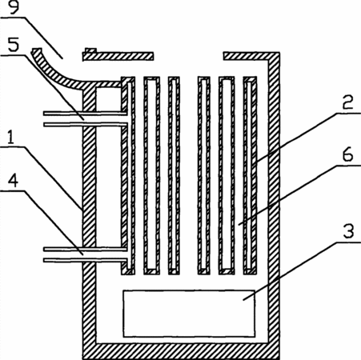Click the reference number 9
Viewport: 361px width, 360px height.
(x=14, y=7)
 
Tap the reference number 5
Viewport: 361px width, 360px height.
(x=14, y=45)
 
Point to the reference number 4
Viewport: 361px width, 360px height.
(x=13, y=182)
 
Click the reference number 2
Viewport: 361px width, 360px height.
(x=348, y=102)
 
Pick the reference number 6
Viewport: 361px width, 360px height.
(x=348, y=154)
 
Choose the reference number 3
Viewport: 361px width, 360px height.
(x=348, y=230)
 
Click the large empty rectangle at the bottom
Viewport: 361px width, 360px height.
(x=189, y=314)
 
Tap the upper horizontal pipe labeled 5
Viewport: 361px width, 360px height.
(x=86, y=119)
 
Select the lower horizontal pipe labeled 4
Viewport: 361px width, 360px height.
(x=86, y=254)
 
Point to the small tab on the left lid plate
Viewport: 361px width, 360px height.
(x=90, y=50)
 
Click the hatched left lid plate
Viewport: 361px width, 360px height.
(x=118, y=56)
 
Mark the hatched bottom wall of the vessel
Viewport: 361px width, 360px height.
(x=181, y=351)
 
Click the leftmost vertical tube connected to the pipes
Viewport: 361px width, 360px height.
(x=128, y=175)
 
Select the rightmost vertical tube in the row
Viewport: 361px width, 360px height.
(x=250, y=175)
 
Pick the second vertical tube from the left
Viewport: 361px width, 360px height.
(x=152, y=175)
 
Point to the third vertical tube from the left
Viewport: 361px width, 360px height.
(x=174, y=175)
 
